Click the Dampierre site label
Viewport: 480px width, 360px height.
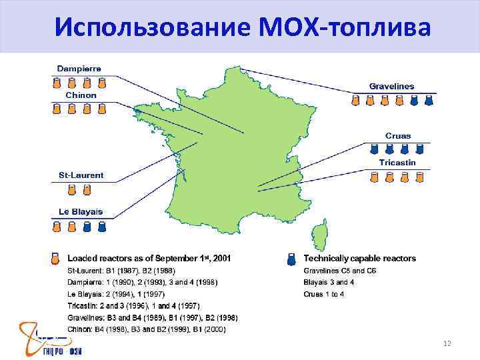[79, 69]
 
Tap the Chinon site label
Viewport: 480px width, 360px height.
[81, 95]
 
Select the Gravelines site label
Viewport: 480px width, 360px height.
[391, 86]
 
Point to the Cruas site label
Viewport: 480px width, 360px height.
[398, 136]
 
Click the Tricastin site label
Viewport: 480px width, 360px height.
[397, 163]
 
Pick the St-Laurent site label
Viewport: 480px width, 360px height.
[81, 175]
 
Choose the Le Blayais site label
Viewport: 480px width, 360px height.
[81, 212]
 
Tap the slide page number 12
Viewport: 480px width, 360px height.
[447, 343]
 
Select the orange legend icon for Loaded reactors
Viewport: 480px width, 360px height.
[56, 259]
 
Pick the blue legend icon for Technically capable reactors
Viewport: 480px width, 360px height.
[291, 259]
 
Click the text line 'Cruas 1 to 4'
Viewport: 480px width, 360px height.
[324, 294]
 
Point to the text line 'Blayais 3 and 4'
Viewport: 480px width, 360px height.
[329, 282]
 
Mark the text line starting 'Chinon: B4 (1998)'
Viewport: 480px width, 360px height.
[147, 329]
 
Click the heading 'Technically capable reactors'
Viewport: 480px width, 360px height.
[359, 258]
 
